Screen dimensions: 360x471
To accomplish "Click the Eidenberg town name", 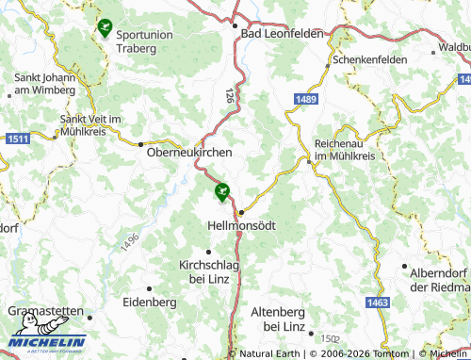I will pos(150,302).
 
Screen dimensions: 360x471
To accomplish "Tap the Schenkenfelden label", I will pos(369,59).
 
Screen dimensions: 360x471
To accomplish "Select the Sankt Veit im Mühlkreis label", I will pos(91,126).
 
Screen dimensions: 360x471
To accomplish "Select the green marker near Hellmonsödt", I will pos(222,192).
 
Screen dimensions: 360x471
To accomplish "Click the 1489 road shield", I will pos(304,98).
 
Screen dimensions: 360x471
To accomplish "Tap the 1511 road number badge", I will pos(17,139).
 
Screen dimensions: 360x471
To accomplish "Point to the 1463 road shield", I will pos(378,303).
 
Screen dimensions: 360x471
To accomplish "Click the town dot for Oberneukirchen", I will pos(140,144).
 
